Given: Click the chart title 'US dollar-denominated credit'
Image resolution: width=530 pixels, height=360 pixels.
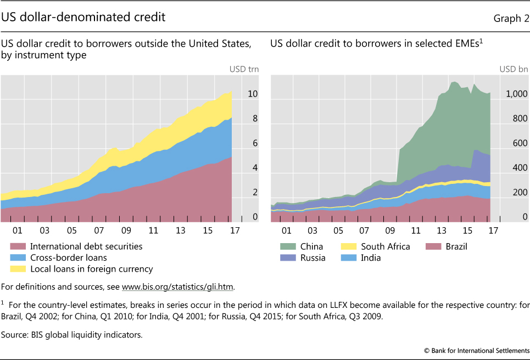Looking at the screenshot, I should pyautogui.click(x=83, y=18).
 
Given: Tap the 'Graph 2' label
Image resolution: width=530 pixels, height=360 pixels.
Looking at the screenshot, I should pyautogui.click(x=511, y=19).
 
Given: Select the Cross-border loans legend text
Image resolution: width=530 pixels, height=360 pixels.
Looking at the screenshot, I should pyautogui.click(x=69, y=257).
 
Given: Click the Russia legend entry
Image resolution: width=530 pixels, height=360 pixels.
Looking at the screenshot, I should pyautogui.click(x=313, y=257).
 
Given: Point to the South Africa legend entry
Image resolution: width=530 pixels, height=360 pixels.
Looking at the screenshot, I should pyautogui.click(x=385, y=246).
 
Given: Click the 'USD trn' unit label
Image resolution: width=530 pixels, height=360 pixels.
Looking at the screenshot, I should pyautogui.click(x=243, y=69).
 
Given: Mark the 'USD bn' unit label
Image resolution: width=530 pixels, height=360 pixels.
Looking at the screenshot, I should pyautogui.click(x=514, y=69).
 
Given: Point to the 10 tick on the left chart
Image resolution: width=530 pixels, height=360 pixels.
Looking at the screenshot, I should pyautogui.click(x=252, y=94).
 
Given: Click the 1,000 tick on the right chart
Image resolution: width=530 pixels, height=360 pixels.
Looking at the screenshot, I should pyautogui.click(x=516, y=94).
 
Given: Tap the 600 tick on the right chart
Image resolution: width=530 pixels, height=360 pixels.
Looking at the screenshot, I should pyautogui.click(x=519, y=144).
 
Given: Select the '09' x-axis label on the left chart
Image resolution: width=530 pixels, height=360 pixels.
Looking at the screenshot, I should pyautogui.click(x=126, y=230).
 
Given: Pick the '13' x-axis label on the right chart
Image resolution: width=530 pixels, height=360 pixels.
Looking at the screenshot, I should pyautogui.click(x=441, y=230).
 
